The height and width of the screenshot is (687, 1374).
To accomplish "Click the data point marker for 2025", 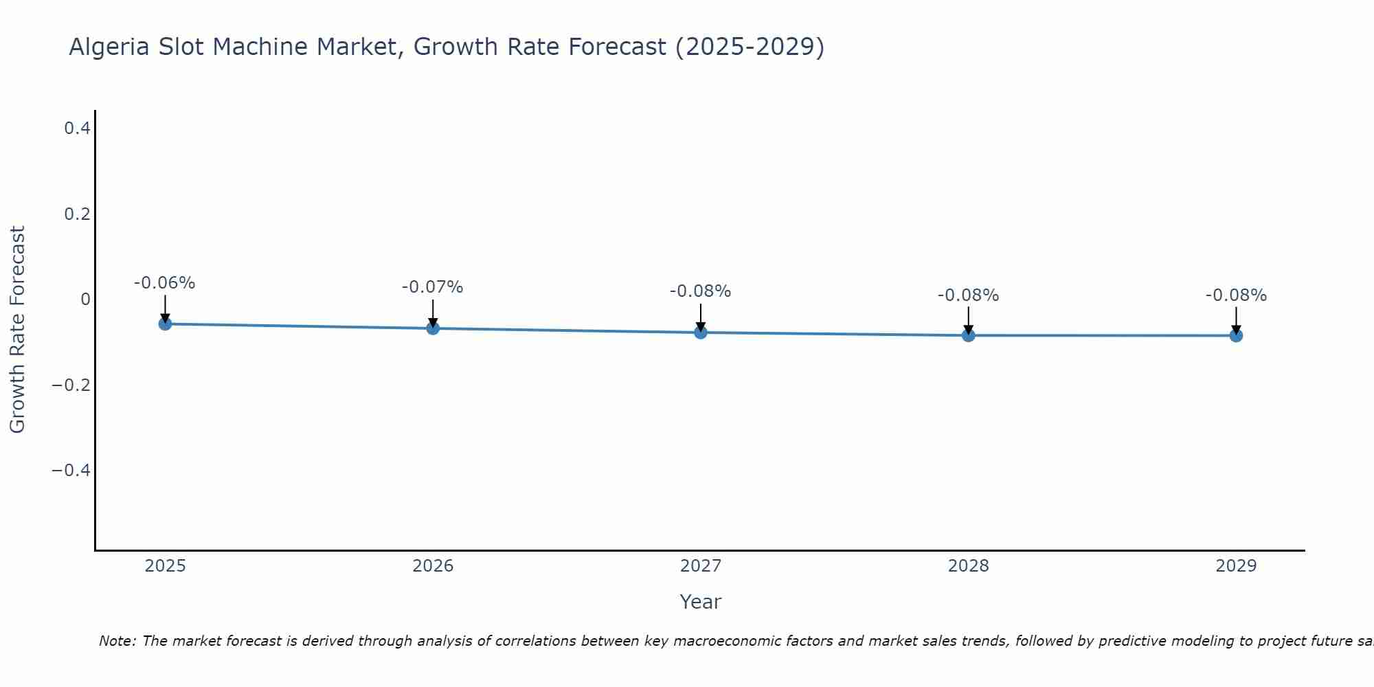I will coord(165,324).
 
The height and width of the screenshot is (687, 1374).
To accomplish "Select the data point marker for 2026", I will coord(433,328).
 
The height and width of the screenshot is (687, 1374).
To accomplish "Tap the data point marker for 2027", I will coord(701,333).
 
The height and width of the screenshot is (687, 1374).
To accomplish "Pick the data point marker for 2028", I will coord(969,335).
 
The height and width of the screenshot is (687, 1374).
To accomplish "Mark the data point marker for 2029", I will coord(1236,335).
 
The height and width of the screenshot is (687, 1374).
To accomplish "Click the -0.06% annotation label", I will coord(165,283).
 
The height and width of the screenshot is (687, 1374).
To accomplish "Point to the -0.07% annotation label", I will coord(433,287).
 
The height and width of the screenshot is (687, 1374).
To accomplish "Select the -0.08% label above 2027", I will coord(701,291).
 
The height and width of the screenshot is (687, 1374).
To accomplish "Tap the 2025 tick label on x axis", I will coord(166,566).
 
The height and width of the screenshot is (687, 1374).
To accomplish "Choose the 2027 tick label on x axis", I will coord(701,566).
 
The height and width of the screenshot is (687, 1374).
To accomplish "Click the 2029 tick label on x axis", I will coord(1236,566).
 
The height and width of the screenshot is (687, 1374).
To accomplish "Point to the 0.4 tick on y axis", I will coord(77,128).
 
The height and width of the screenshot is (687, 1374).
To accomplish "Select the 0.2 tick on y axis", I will coord(77,214).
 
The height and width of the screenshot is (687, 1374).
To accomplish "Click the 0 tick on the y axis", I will coord(85,300).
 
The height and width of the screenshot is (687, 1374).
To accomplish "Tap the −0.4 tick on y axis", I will coord(71,471).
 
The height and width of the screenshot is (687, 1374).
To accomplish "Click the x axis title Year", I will coord(700,602).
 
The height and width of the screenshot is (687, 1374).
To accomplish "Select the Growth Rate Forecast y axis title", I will coord(17,330).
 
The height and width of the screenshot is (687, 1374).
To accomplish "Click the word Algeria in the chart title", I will coord(109,47).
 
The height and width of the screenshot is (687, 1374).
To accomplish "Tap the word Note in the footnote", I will coord(117,641).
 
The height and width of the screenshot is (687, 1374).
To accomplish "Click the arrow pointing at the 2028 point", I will coord(969,321).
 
